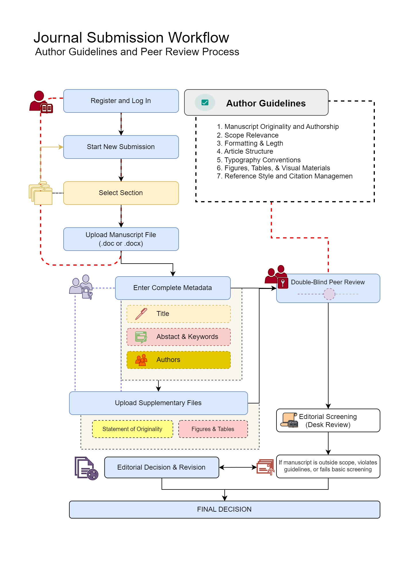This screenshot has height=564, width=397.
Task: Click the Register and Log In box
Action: pyautogui.click(x=121, y=101)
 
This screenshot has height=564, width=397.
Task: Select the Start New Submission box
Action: pyautogui.click(x=121, y=147)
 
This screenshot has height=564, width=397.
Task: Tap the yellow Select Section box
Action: pyautogui.click(x=121, y=193)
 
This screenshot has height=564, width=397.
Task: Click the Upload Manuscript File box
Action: pyautogui.click(x=121, y=239)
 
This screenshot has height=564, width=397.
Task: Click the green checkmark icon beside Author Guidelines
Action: pyautogui.click(x=205, y=102)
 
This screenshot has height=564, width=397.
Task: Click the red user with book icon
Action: pyautogui.click(x=41, y=102)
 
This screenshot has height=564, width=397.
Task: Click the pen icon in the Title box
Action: pyautogui.click(x=141, y=314)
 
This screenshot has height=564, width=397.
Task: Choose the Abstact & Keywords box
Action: pyautogui.click(x=178, y=337)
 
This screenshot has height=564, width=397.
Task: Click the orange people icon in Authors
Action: pyautogui.click(x=141, y=360)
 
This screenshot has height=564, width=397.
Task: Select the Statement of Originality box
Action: pyautogui.click(x=132, y=429)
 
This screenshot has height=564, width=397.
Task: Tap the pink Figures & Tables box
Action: pyautogui.click(x=213, y=429)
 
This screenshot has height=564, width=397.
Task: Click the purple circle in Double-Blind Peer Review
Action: pyautogui.click(x=329, y=294)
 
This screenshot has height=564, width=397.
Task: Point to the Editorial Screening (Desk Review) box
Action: pyautogui.click(x=328, y=420)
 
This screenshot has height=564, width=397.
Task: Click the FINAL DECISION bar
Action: pyautogui.click(x=224, y=510)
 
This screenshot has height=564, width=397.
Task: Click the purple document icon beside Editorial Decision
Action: pyautogui.click(x=86, y=468)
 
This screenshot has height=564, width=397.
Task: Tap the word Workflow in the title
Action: pyautogui.click(x=198, y=38)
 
